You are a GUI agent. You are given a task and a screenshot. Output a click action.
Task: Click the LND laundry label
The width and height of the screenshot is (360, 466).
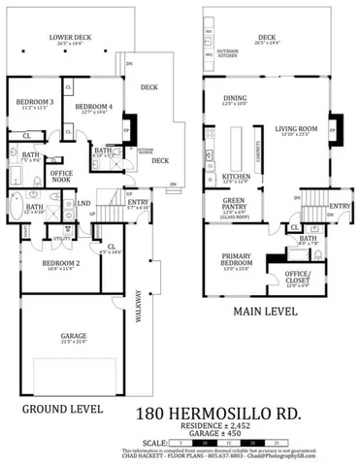[x=84, y=204]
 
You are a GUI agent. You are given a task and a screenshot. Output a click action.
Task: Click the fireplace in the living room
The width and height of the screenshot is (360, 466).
[x=335, y=126]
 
